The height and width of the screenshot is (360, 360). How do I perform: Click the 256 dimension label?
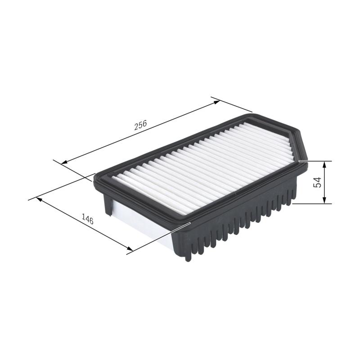(140, 126)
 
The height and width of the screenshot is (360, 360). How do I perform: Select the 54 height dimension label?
(318, 182)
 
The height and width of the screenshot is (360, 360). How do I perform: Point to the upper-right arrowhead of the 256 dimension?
(217, 102)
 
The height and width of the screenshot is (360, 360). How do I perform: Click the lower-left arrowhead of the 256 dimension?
(64, 163)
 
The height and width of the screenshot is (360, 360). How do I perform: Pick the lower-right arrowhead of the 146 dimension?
(130, 249)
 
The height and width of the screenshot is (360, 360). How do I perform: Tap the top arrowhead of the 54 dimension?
(324, 163)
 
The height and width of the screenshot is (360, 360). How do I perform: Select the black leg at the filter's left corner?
(108, 205)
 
